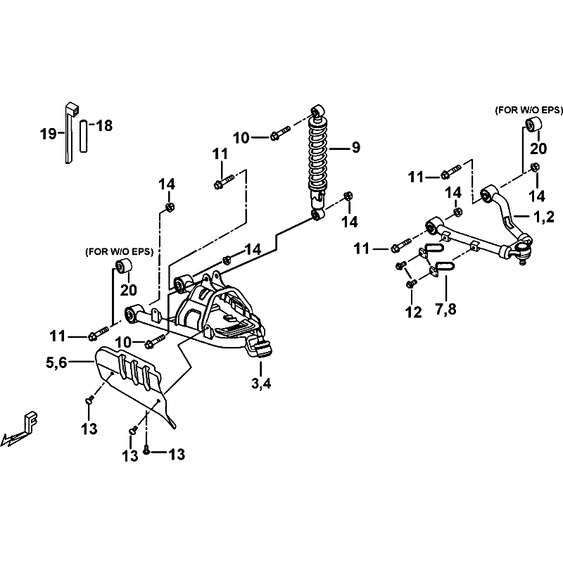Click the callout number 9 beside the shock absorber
point(355,147)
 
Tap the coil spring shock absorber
point(318,163)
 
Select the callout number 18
point(104,126)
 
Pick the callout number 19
point(49,134)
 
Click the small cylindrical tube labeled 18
point(83,136)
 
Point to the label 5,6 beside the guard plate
point(56,362)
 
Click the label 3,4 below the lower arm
point(261,384)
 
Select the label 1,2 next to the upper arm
point(544,217)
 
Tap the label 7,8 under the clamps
point(446,309)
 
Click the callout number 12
point(413,312)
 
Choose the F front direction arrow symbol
point(20,429)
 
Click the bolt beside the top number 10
point(280,133)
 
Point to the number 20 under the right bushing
point(538,148)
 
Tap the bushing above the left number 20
point(122,266)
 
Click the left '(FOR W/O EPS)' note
point(119,252)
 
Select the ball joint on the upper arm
point(522,250)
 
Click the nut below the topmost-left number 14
point(170,207)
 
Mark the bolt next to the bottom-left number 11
point(98,333)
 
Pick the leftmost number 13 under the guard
point(89,429)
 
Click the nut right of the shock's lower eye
point(348,196)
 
